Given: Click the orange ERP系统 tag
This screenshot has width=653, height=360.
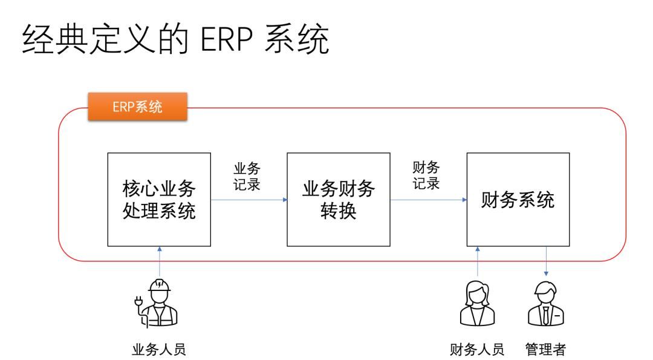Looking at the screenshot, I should point(137,108).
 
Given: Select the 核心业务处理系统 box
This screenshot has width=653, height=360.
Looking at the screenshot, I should point(159,200).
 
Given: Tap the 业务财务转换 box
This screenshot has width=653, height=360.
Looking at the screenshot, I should point(339,200).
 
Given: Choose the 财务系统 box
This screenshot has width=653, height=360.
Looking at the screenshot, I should point(518,200).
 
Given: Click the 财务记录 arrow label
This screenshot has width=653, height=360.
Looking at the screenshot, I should point(426,175).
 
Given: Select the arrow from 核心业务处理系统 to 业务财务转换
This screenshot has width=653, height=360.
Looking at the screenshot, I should point(249,200).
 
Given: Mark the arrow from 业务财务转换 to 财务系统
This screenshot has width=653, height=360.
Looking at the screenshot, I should point(428,200).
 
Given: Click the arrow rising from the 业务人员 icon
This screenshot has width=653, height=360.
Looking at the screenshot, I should point(160,261).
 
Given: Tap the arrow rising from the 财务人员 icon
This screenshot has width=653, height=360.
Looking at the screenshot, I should point(478,261).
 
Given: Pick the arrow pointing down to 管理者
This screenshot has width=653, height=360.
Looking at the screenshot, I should point(546,261).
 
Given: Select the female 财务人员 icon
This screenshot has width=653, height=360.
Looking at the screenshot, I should point(477,304).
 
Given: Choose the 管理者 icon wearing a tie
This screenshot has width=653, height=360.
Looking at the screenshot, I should point(545,304).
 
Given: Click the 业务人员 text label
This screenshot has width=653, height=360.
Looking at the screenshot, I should point(159,350).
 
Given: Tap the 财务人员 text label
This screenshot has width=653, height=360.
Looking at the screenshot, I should point(477,350).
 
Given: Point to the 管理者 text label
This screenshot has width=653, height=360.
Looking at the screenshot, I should point(546,350).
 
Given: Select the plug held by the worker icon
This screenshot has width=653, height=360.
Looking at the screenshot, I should point(140,298).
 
